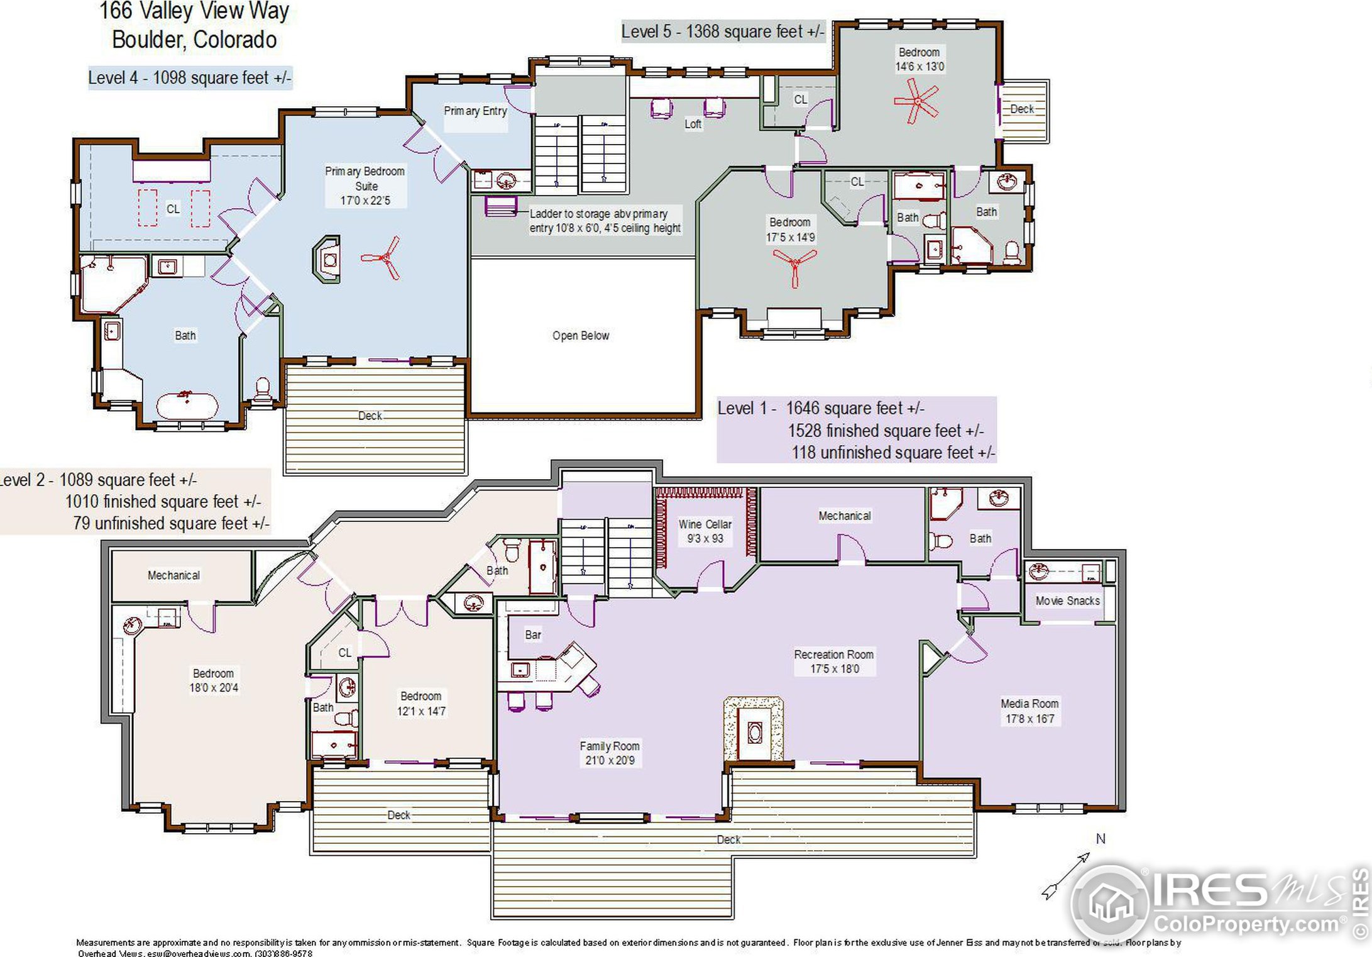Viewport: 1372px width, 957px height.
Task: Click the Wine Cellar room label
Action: click(x=705, y=524)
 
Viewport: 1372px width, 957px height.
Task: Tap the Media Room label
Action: click(x=1029, y=704)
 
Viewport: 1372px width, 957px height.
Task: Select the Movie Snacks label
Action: click(x=1067, y=600)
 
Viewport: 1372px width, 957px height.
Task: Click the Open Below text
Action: click(x=580, y=336)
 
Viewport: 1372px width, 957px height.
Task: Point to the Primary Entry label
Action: click(x=475, y=111)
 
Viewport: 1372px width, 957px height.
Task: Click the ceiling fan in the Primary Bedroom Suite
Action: click(x=382, y=258)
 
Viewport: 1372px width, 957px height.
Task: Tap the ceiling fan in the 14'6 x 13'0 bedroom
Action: click(x=917, y=102)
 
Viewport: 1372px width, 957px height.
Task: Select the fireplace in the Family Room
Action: click(x=754, y=732)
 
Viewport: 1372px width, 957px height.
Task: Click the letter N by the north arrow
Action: click(x=1100, y=839)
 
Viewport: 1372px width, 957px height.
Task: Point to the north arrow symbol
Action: click(x=1066, y=875)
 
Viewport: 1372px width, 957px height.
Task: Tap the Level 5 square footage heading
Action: click(x=722, y=31)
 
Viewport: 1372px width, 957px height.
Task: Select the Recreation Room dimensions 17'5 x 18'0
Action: click(x=834, y=669)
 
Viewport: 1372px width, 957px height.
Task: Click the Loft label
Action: click(x=693, y=124)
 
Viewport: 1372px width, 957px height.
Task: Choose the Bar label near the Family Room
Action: click(x=533, y=634)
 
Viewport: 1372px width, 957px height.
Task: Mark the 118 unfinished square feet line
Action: click(x=892, y=452)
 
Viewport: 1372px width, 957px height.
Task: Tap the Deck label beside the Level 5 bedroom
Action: click(x=1022, y=109)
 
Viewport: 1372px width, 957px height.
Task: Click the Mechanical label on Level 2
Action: click(x=173, y=575)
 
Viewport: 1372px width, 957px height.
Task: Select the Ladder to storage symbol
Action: click(x=501, y=206)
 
